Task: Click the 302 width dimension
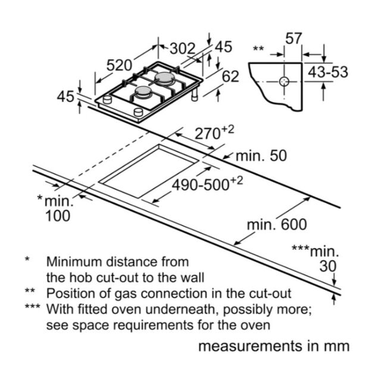[183, 49]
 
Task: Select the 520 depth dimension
[119, 65]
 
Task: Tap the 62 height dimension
[230, 77]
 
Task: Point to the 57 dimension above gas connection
[293, 38]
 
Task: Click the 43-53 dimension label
[328, 72]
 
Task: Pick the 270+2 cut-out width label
[214, 133]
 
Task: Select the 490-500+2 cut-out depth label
[207, 184]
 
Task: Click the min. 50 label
[261, 156]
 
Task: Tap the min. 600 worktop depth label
[277, 225]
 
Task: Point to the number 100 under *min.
[58, 216]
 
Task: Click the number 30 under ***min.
[328, 266]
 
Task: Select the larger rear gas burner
[164, 78]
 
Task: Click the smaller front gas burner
[143, 92]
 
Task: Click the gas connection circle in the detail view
[284, 82]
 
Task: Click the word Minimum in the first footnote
[74, 262]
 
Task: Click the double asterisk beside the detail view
[258, 48]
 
